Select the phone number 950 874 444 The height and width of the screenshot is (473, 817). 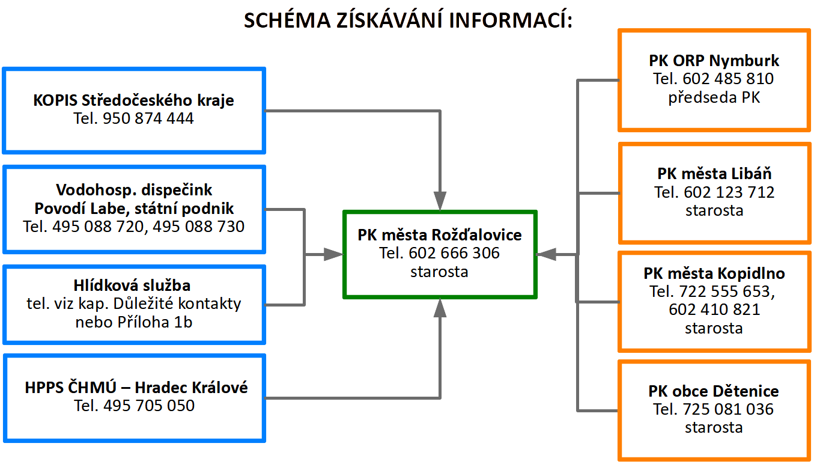click(x=148, y=118)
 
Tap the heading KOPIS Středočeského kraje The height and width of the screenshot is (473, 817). click(x=133, y=100)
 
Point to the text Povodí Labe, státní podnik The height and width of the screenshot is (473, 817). click(x=134, y=209)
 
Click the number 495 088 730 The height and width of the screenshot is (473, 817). click(x=198, y=226)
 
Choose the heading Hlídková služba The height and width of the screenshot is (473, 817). click(x=132, y=285)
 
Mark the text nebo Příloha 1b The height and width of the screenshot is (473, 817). click(x=133, y=322)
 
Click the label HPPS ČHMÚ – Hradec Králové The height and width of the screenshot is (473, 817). click(x=136, y=387)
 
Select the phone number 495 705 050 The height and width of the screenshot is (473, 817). click(x=149, y=406)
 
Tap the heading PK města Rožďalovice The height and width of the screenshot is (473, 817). click(x=440, y=234)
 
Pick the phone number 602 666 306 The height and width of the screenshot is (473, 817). click(x=454, y=253)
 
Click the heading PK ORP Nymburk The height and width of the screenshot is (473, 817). click(x=714, y=60)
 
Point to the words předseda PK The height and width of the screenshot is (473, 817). click(x=714, y=97)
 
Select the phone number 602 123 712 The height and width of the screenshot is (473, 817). click(x=729, y=192)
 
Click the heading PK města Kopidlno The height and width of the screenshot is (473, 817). click(x=714, y=273)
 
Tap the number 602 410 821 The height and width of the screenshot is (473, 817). click(x=714, y=309)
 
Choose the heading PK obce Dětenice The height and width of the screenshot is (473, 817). click(x=714, y=391)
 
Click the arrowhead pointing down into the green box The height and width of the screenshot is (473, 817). click(x=440, y=201)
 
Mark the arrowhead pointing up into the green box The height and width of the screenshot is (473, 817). click(x=440, y=308)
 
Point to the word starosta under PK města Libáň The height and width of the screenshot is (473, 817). click(x=714, y=210)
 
